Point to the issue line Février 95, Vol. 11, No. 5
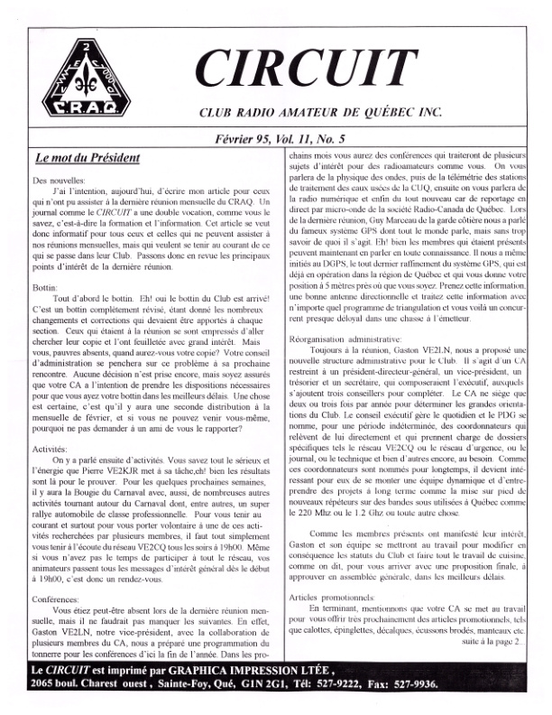point(313,141)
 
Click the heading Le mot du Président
point(87,159)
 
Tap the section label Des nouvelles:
point(57,181)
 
